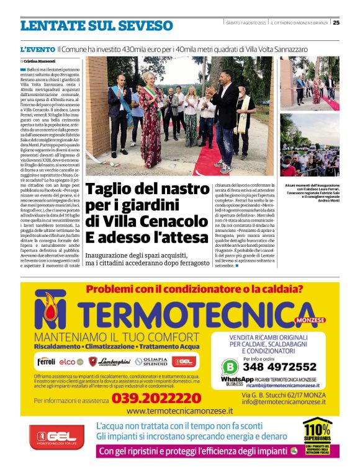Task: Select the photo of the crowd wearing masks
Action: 308,146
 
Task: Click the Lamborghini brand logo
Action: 113,361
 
